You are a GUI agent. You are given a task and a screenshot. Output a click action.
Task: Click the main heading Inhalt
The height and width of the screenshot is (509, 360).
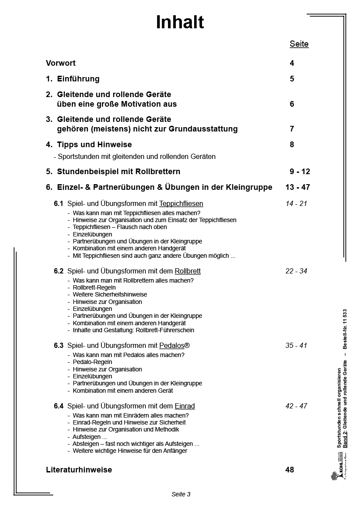pyautogui.click(x=180, y=23)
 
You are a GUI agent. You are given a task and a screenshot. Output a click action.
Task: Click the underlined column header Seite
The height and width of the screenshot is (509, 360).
pyautogui.click(x=299, y=44)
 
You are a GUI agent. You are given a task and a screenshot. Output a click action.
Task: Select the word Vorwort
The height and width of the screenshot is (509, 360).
pyautogui.click(x=61, y=63)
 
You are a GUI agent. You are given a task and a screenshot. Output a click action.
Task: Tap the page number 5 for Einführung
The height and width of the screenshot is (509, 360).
pyautogui.click(x=292, y=79)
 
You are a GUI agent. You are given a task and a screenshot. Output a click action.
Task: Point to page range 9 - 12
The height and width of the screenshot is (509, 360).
pyautogui.click(x=299, y=172)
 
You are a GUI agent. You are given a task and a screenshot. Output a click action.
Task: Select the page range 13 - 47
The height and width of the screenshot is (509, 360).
pyautogui.click(x=298, y=187)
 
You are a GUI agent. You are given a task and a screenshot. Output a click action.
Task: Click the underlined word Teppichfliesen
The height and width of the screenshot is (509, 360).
pyautogui.click(x=181, y=203)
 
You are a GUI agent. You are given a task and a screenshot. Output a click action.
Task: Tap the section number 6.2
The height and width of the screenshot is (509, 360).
pyautogui.click(x=59, y=271)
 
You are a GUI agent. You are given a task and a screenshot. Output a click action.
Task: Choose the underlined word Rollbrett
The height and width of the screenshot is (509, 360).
pyautogui.click(x=188, y=271)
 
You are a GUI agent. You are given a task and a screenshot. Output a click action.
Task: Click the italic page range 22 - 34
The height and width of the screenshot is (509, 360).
pyautogui.click(x=296, y=271)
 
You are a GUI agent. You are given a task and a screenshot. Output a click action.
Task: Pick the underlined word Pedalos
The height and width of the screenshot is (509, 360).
pyautogui.click(x=172, y=346)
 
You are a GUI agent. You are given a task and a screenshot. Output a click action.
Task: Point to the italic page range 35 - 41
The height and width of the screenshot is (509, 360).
pyautogui.click(x=296, y=346)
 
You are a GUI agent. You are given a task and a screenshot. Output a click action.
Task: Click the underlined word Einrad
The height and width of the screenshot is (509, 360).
pyautogui.click(x=185, y=406)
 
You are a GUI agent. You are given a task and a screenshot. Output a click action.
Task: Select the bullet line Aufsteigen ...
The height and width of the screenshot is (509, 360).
pyautogui.click(x=90, y=437)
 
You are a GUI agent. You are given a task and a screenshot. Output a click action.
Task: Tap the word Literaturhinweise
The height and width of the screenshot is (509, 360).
pyautogui.click(x=79, y=470)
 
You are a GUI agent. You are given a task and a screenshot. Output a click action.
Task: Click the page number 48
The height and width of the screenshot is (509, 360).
pyautogui.click(x=290, y=470)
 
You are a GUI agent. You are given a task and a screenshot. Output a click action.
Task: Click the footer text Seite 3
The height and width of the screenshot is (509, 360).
pyautogui.click(x=181, y=494)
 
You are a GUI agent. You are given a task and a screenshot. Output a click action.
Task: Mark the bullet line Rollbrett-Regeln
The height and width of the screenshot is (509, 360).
pyautogui.click(x=94, y=287)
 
